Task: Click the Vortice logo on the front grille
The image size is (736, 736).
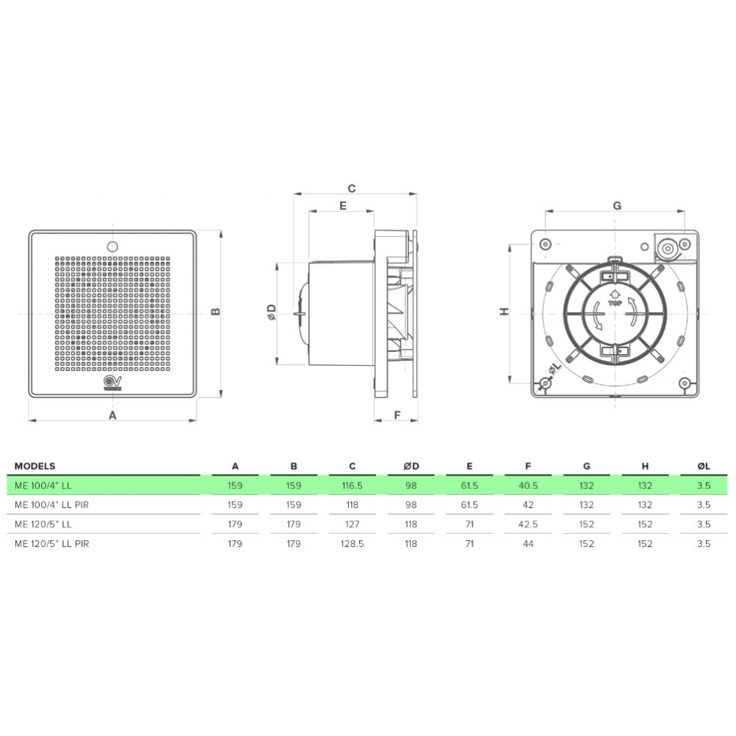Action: (113, 382)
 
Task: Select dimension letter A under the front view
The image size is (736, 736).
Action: (113, 415)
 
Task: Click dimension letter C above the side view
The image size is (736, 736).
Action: (352, 188)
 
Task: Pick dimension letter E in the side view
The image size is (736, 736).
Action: (342, 206)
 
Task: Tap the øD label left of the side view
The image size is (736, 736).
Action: (271, 312)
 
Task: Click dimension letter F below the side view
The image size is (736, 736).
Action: (395, 415)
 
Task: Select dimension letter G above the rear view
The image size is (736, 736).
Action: (617, 205)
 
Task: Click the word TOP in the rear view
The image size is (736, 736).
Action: (613, 302)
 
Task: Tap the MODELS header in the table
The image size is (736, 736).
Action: (35, 466)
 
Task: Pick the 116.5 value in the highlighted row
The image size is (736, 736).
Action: (352, 486)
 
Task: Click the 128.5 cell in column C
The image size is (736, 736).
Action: (352, 544)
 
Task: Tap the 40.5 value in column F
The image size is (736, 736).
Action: (528, 486)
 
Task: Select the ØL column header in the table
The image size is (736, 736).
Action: (704, 466)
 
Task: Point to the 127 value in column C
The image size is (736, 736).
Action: (352, 525)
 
